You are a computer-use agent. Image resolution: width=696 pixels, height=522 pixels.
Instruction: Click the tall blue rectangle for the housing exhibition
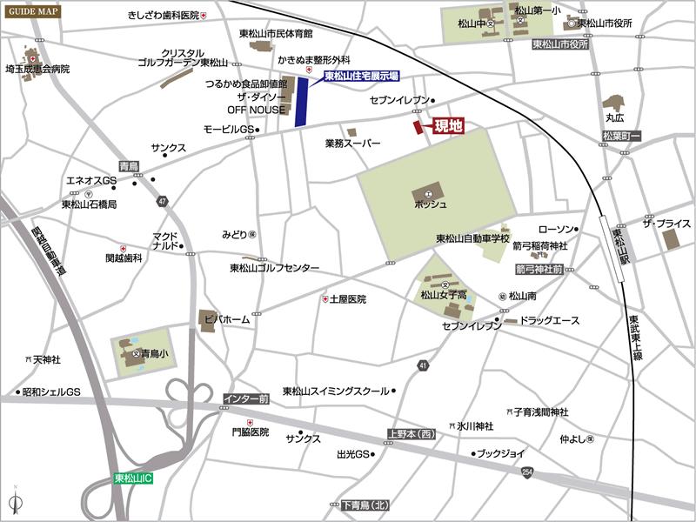302,102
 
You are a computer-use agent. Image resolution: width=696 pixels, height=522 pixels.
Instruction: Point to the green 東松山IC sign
134,478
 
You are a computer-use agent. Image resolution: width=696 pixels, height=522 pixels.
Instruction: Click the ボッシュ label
430,204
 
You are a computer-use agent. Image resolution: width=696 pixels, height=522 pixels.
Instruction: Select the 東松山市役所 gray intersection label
560,43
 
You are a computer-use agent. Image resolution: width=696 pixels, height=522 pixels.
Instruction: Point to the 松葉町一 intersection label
620,137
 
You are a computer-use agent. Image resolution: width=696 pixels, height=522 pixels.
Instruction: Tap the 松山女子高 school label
445,296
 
